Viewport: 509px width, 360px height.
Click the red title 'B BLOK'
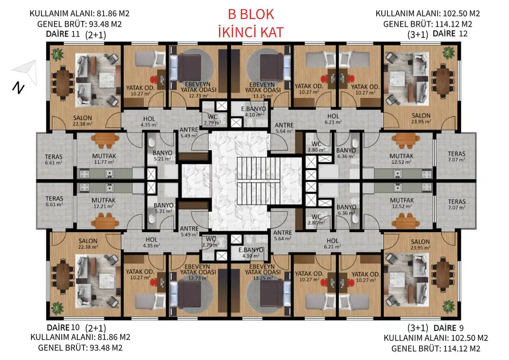(251, 14)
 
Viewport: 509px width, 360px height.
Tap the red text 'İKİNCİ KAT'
(251, 32)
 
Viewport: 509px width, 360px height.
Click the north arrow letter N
(18, 88)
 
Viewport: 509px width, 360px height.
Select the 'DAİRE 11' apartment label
(63, 34)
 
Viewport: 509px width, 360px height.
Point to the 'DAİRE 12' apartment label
(450, 34)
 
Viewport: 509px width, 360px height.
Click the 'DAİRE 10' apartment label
(63, 328)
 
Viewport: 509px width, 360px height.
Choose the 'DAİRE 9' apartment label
(448, 328)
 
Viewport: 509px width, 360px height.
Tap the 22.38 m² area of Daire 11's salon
(82, 124)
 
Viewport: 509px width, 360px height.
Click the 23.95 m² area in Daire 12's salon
(421, 122)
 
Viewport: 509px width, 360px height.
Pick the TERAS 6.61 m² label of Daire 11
(54, 159)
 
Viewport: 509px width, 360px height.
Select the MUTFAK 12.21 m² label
(104, 203)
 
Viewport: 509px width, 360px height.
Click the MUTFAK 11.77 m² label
(104, 159)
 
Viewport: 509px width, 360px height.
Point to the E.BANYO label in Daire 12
(253, 109)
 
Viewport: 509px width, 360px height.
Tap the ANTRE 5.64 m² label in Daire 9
(282, 235)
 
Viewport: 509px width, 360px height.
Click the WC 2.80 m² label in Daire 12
(316, 147)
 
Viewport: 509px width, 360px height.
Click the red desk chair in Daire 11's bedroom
(154, 80)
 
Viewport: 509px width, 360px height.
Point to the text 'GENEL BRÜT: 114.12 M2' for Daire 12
(428, 24)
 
